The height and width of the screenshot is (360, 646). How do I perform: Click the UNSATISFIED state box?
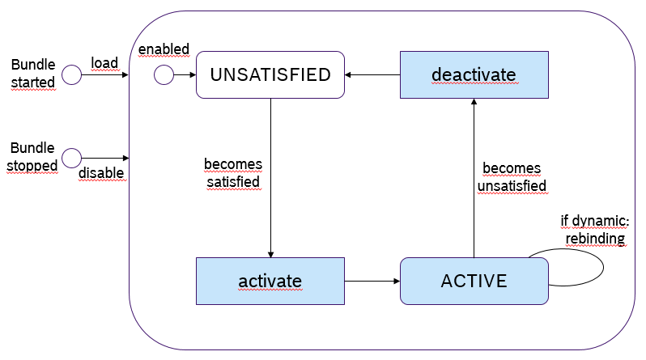(270, 74)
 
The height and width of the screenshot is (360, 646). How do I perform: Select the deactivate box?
(474, 74)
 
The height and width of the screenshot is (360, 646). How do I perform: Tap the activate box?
(270, 282)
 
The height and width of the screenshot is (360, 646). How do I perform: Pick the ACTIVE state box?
(474, 282)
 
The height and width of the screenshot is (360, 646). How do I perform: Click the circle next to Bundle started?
(72, 74)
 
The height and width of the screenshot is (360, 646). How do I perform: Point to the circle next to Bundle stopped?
(72, 159)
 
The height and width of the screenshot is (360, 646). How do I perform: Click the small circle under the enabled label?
(164, 75)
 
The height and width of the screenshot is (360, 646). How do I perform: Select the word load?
(104, 63)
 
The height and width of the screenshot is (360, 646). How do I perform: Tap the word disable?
(101, 173)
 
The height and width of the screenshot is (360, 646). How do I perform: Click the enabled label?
(164, 49)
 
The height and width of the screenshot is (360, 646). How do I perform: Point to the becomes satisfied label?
(233, 173)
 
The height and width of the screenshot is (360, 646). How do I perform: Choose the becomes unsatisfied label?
(512, 177)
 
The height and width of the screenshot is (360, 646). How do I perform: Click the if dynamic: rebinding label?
(595, 230)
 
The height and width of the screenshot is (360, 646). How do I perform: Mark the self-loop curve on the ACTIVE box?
(603, 267)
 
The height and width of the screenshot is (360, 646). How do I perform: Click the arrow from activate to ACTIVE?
(372, 282)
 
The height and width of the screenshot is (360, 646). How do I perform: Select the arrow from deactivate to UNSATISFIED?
(372, 75)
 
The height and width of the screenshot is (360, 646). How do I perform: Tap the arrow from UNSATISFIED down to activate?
(270, 178)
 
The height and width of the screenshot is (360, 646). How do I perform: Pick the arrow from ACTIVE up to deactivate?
(474, 178)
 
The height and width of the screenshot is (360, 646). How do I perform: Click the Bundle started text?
(33, 74)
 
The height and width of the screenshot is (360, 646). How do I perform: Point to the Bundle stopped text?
(32, 157)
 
